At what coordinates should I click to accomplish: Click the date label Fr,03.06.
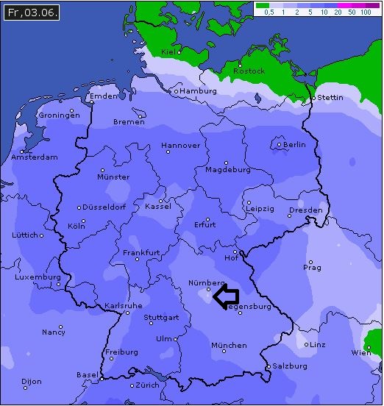(x=30, y=13)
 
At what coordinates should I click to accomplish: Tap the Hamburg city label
(x=199, y=91)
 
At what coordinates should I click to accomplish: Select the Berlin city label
(x=294, y=145)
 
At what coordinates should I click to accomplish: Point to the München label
(x=229, y=345)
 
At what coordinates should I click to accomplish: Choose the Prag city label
(x=312, y=268)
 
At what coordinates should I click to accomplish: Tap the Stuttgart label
(x=161, y=318)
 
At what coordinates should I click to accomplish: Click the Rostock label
(x=249, y=71)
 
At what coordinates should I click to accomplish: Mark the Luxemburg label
(x=37, y=277)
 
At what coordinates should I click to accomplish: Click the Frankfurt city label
(x=141, y=252)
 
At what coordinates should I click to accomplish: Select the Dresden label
(x=305, y=210)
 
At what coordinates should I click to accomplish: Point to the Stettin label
(x=330, y=97)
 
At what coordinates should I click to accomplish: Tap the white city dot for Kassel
(x=160, y=200)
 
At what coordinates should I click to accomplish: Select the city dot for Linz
(x=306, y=344)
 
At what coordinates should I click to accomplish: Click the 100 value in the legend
(x=366, y=13)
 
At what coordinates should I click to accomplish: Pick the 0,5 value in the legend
(x=269, y=13)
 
